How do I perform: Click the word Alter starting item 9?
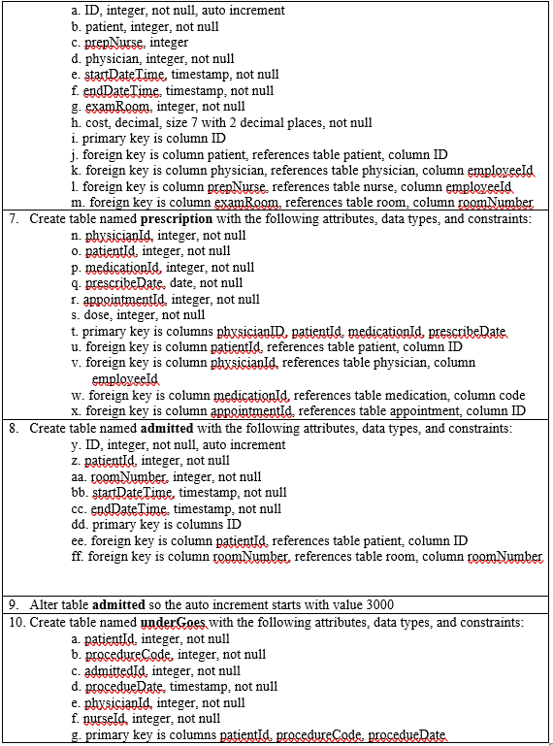coord(45,604)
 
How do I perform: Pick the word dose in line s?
coord(101,315)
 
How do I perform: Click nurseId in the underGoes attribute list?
coord(104,719)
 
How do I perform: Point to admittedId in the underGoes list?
coord(115,670)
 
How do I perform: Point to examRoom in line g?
coord(116,107)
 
